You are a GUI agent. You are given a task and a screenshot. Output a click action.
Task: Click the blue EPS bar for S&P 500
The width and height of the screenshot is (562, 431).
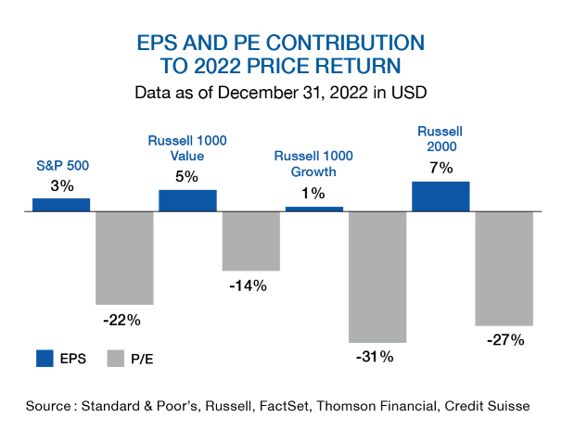(x=61, y=204)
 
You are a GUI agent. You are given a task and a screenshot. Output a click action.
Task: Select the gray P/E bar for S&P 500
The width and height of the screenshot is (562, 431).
(x=124, y=258)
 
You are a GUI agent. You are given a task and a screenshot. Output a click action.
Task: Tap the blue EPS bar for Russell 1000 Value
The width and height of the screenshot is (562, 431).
(x=187, y=200)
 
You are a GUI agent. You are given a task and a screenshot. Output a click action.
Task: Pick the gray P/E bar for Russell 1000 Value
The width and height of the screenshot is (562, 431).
(x=250, y=241)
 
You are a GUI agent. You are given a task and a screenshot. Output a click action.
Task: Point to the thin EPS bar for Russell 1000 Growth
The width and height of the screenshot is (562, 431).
(x=313, y=209)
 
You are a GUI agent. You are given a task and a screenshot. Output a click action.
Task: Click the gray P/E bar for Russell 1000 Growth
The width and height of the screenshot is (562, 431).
(x=377, y=277)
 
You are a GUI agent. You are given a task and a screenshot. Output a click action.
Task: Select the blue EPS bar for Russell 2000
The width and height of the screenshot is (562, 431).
(x=441, y=196)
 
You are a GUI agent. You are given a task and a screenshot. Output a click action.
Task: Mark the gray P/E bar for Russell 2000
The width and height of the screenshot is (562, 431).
(x=504, y=269)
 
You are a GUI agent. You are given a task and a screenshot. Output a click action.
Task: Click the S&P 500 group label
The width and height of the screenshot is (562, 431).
(x=61, y=167)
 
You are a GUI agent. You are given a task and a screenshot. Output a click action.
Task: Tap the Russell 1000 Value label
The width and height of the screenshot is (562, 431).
(x=187, y=148)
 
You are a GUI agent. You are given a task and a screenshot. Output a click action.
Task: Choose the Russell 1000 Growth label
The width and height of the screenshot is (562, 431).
(x=313, y=164)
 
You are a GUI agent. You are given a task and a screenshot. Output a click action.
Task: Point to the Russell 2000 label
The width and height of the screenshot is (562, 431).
(x=440, y=138)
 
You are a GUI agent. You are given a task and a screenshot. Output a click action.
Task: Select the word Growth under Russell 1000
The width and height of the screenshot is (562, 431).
(x=313, y=172)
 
